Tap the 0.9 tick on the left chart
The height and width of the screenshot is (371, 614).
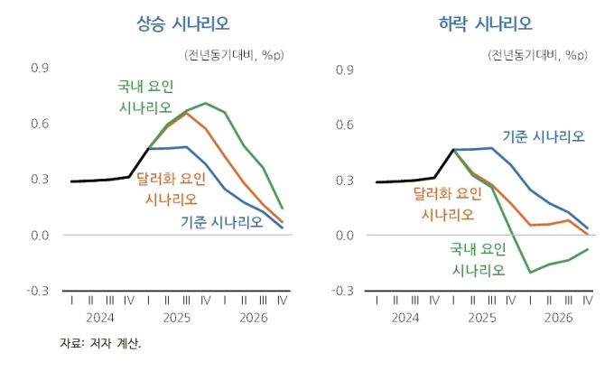pyautogui.click(x=40, y=69)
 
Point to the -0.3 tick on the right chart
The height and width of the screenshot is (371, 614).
pyautogui.click(x=343, y=291)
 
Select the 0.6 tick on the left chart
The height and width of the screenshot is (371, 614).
pyautogui.click(x=40, y=125)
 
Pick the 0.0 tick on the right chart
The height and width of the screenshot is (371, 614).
pyautogui.click(x=345, y=236)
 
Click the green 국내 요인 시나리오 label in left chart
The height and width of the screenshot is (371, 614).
pyautogui.click(x=144, y=97)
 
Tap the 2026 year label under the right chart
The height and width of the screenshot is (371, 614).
pyautogui.click(x=559, y=318)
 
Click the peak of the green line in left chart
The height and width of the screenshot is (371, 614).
pyautogui.click(x=206, y=103)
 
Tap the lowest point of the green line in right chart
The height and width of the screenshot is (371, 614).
pyautogui.click(x=530, y=272)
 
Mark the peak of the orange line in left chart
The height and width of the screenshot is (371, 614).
pyautogui.click(x=187, y=113)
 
